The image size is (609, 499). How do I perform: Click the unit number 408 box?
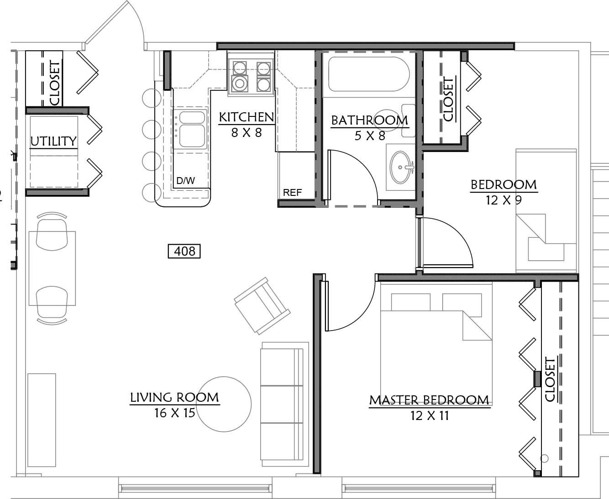(x=184, y=251)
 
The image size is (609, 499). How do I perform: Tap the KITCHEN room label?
(x=247, y=117)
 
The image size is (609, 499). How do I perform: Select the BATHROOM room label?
(x=370, y=121)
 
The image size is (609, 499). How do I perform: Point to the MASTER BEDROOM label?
(x=430, y=400)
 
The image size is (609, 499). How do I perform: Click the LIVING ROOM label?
(x=175, y=397)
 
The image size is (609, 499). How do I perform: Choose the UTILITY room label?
(x=53, y=141)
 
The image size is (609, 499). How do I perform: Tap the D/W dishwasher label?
(x=185, y=181)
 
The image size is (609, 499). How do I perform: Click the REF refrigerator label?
(x=292, y=192)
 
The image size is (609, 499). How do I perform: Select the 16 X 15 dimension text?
(x=175, y=413)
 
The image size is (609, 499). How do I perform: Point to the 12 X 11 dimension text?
(x=430, y=416)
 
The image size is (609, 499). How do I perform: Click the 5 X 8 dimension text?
(x=370, y=136)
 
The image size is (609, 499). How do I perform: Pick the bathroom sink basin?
(x=400, y=167)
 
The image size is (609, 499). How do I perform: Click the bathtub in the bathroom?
(x=369, y=74)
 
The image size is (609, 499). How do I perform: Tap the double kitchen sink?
(x=190, y=129)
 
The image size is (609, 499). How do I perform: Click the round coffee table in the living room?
(x=224, y=404)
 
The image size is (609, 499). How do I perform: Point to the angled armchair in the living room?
(x=262, y=306)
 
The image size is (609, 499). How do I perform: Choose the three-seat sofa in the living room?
(x=284, y=404)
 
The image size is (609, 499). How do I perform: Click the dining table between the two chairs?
(x=52, y=268)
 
